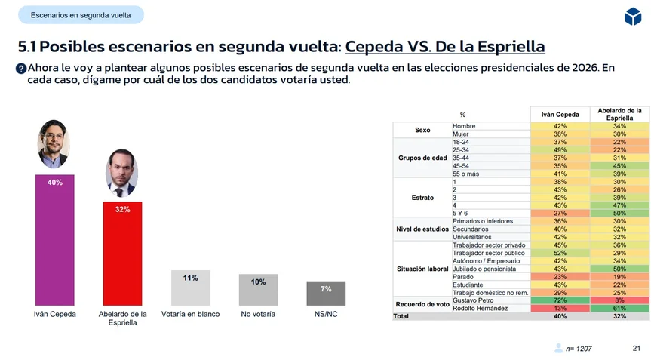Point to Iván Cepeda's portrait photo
click(54, 144)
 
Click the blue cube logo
click(632, 15)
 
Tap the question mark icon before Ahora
click(21, 68)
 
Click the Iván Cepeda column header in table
click(560, 115)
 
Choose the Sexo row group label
click(422, 130)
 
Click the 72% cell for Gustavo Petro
click(560, 300)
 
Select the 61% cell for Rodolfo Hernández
click(619, 308)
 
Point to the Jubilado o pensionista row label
click(484, 269)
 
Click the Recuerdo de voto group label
click(422, 304)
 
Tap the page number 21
click(636, 348)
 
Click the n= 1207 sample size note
click(580, 349)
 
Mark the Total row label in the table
click(401, 316)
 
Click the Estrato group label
click(422, 197)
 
